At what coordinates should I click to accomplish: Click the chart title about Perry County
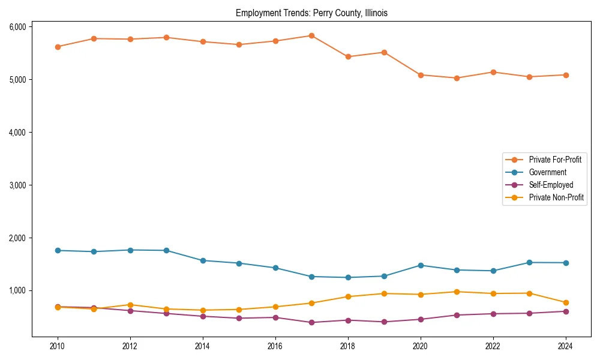(x=311, y=13)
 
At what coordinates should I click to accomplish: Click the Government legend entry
(x=547, y=172)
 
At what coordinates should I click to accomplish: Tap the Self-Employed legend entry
(x=551, y=185)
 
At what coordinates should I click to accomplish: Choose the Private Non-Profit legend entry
(x=556, y=197)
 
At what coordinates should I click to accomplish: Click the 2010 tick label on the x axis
(x=58, y=346)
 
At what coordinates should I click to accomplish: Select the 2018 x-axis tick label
(x=348, y=346)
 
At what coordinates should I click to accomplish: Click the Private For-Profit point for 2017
(x=311, y=35)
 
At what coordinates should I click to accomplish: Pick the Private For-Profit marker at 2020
(x=421, y=75)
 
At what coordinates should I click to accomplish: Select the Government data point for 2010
(x=58, y=250)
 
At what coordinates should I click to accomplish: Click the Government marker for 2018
(x=348, y=277)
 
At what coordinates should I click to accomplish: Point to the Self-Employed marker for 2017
(x=311, y=322)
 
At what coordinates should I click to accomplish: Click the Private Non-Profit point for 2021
(x=457, y=292)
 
